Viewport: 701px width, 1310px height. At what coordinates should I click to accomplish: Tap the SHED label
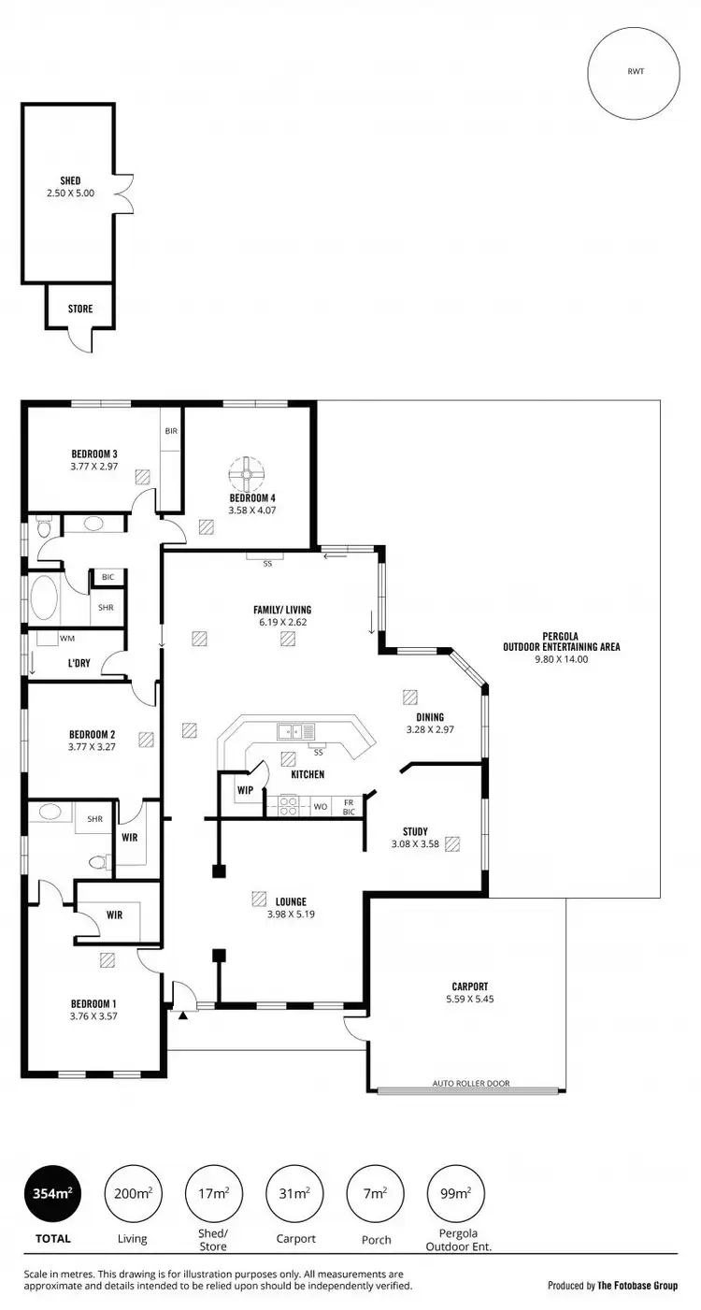tap(70, 180)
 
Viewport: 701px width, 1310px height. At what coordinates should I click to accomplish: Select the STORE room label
tap(80, 309)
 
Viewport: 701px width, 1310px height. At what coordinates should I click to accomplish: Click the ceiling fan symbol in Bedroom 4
tap(248, 474)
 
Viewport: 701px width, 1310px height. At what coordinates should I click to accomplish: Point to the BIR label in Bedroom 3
tap(171, 431)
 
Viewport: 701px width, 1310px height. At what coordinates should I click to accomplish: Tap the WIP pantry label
tap(245, 790)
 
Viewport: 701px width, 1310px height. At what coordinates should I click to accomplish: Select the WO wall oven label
tap(320, 805)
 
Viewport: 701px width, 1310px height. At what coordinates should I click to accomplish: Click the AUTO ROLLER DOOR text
tap(471, 1084)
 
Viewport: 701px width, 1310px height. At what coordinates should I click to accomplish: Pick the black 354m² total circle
tap(51, 1194)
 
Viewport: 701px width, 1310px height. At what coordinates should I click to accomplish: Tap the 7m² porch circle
tap(373, 1194)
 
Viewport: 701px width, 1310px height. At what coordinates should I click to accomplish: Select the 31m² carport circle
tap(293, 1194)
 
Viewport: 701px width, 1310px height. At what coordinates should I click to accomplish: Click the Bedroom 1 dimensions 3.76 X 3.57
tap(93, 1015)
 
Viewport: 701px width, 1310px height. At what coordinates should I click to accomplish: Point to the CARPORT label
tap(470, 986)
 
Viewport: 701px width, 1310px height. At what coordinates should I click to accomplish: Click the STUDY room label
tap(415, 831)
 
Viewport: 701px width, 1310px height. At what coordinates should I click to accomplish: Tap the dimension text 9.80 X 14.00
tap(561, 659)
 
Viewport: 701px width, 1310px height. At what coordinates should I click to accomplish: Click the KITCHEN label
tap(308, 774)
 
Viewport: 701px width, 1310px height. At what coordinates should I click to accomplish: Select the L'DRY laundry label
tap(79, 663)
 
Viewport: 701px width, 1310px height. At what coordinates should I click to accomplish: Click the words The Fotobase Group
tap(638, 1286)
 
